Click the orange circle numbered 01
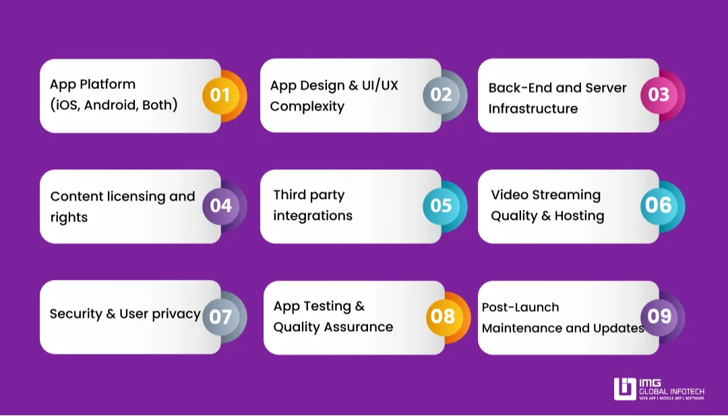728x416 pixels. point(220,95)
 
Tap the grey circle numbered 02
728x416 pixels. point(441,95)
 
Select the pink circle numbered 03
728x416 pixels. point(659,95)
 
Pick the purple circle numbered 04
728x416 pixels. point(220,206)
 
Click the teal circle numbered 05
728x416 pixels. point(441,206)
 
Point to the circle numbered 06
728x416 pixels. point(659,206)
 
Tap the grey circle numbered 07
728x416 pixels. point(220,317)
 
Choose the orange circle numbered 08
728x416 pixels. point(442,316)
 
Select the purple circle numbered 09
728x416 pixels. point(659,316)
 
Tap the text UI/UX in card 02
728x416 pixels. point(380,86)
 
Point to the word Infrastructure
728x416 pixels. point(533,109)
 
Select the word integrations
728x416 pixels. point(313,216)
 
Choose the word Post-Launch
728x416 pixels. point(520,307)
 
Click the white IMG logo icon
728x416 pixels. point(625,389)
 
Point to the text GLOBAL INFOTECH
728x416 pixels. point(672,391)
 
